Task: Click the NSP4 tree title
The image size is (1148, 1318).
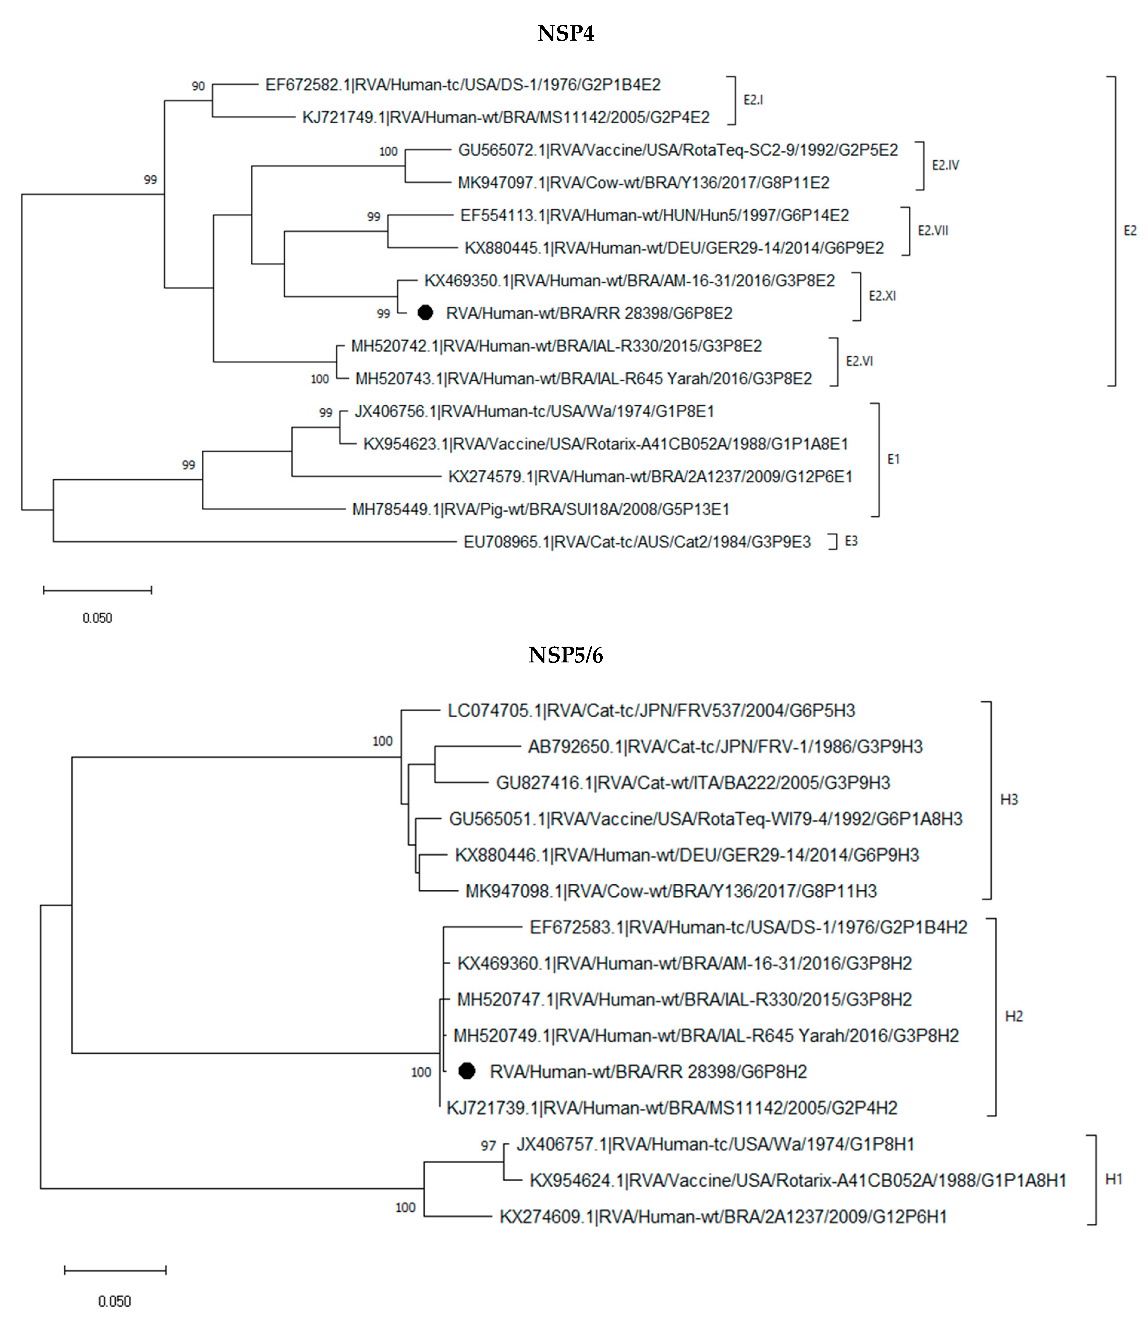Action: [x=566, y=33]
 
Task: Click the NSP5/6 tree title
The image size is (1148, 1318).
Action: [x=566, y=655]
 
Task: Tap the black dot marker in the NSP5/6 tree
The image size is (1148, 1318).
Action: [x=467, y=1071]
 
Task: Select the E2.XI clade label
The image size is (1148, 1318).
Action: [x=882, y=296]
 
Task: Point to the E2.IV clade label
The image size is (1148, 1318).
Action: [x=945, y=165]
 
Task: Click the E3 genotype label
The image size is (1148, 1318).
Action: [x=851, y=541]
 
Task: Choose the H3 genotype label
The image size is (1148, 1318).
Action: [x=1009, y=799]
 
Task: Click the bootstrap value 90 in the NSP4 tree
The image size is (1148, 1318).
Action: [x=198, y=86]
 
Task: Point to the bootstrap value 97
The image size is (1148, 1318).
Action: [x=488, y=1145]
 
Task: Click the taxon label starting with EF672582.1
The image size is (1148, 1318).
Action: [x=463, y=85]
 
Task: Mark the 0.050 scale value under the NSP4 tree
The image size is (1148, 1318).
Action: [x=97, y=618]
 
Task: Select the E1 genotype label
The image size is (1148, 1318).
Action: [x=893, y=459]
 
